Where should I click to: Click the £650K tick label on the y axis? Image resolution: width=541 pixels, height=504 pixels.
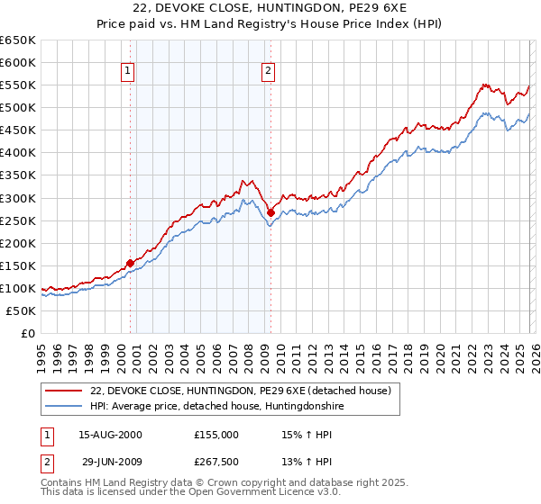click(x=18, y=40)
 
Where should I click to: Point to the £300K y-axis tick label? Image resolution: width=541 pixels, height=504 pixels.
click(x=18, y=198)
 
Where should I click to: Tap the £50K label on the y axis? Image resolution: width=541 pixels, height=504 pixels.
click(x=22, y=310)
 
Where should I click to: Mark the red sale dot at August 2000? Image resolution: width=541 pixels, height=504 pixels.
click(x=130, y=263)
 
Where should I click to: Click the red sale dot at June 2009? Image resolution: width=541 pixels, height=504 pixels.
click(x=271, y=212)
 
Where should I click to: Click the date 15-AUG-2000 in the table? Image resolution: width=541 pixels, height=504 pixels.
click(x=110, y=435)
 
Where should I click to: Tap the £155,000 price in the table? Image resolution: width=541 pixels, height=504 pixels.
click(x=216, y=435)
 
